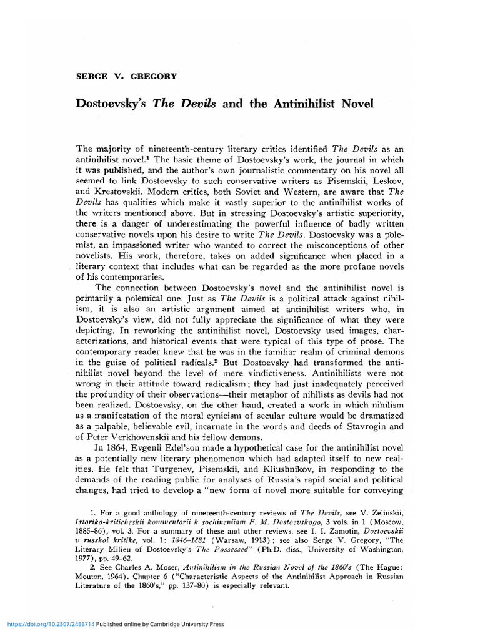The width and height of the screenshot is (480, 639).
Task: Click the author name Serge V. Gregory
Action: (x=126, y=76)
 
